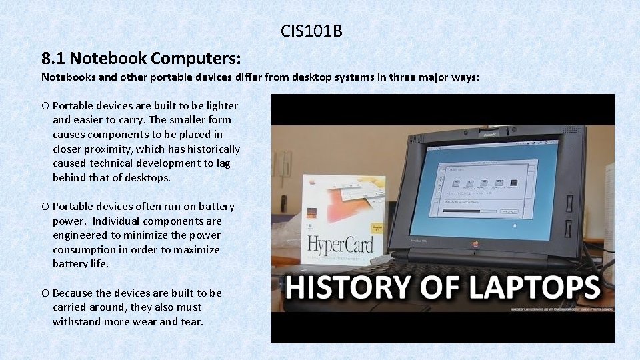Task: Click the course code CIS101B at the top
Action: tap(311, 31)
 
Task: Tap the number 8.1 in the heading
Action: tap(54, 57)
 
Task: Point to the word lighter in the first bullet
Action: tap(220, 105)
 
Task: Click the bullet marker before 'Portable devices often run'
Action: tap(45, 207)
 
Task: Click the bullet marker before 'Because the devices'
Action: tap(45, 293)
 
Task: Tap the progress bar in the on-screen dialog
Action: tap(471, 213)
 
